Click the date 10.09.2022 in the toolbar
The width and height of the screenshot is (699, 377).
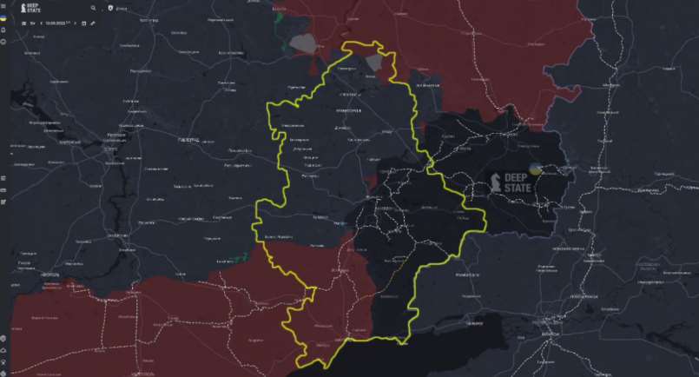click(57, 23)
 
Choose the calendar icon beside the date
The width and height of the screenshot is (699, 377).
click(84, 23)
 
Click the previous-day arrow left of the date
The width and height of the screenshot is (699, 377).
click(40, 23)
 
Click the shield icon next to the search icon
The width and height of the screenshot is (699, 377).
click(109, 8)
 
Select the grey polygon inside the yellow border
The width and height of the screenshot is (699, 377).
click(374, 63)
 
